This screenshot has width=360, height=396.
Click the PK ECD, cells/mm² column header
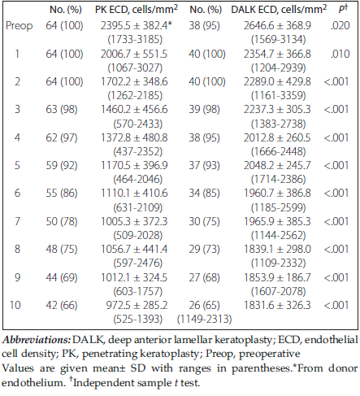tap(137, 10)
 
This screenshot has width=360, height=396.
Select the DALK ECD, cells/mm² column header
tap(279, 10)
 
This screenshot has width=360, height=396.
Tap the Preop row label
tap(20, 26)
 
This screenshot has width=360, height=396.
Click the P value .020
tap(340, 25)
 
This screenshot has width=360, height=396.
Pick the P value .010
tap(340, 54)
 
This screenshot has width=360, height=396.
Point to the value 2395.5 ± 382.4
tap(135, 25)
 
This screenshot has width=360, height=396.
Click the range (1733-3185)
tap(135, 40)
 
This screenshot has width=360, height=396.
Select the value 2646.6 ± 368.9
tap(277, 25)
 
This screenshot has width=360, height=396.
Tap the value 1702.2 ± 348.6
tap(134, 81)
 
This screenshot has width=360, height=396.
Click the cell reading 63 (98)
tap(62, 110)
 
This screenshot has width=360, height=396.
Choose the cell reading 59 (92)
tap(62, 165)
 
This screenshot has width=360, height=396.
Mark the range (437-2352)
tap(138, 151)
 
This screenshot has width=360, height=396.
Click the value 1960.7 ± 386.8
tap(277, 193)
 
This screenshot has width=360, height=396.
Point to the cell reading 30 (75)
tap(204, 221)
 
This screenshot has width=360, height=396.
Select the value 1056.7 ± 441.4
tap(134, 249)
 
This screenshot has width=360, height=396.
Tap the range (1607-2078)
tap(278, 291)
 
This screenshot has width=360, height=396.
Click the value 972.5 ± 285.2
tap(137, 305)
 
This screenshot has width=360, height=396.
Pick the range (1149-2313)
tap(205, 320)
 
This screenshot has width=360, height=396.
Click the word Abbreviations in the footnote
tap(37, 340)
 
